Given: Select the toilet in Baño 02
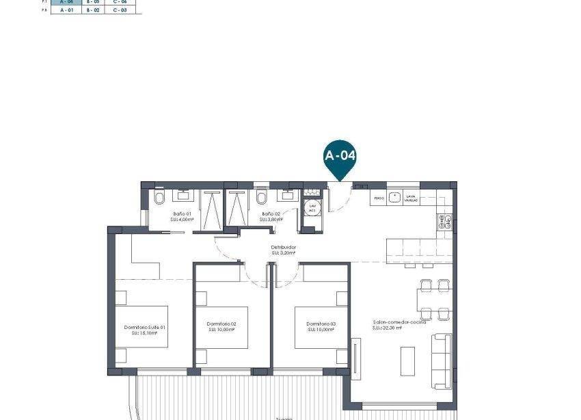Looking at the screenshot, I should tap(262, 198).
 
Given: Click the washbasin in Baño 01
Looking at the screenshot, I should tap(183, 196).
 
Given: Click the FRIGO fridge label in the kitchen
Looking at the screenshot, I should tap(379, 198).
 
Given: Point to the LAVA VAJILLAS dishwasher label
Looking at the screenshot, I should tap(410, 198).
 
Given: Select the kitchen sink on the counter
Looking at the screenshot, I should tap(394, 197).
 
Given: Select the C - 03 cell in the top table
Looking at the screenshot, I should tap(120, 10).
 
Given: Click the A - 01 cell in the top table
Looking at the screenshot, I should tap(66, 10).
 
